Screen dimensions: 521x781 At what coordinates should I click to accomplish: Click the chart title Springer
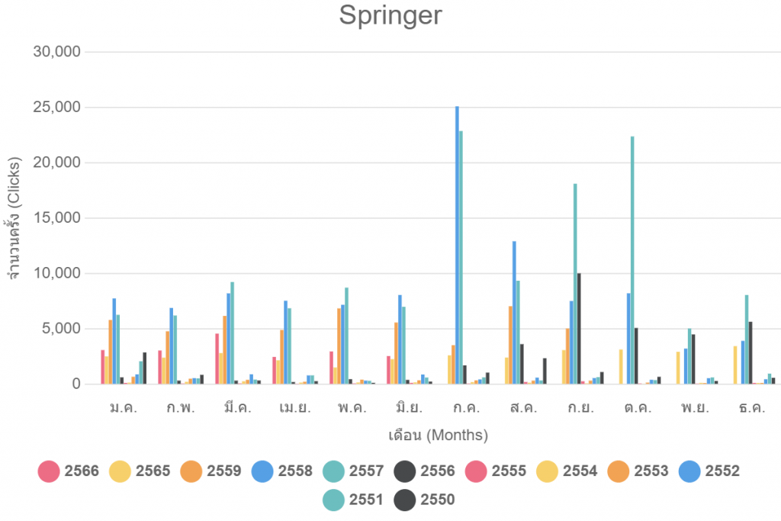point(390,15)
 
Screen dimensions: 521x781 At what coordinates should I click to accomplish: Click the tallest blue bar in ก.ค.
point(457,244)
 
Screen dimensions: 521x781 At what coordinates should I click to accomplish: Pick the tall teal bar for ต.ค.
point(632,259)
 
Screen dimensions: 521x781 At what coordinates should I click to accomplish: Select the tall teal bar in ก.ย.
point(575,282)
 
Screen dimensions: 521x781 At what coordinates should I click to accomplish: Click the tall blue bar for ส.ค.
point(514,313)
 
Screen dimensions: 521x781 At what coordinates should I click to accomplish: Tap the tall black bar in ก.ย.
point(579,328)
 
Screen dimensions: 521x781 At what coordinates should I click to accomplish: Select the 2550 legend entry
point(425,500)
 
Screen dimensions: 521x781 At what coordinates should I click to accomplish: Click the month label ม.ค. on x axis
point(124,408)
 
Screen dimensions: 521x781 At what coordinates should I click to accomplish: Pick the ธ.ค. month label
point(753,408)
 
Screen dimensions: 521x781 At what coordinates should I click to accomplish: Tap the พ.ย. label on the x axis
point(696,408)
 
